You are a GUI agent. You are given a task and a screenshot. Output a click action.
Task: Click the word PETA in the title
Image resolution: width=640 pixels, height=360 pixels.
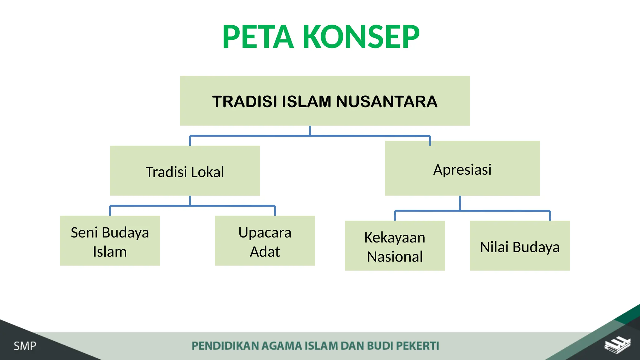(258, 37)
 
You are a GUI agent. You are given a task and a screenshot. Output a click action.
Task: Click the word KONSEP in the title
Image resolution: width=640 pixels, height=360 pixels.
(361, 37)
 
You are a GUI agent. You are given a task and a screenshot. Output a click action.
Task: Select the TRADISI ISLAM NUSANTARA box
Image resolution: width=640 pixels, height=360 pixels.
(325, 101)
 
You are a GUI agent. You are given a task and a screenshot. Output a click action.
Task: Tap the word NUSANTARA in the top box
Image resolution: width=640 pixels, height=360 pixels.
(387, 102)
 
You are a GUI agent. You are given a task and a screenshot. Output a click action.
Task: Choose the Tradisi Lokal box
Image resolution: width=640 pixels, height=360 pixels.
(185, 171)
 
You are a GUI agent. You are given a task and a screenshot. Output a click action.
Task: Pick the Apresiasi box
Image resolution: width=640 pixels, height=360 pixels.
(462, 168)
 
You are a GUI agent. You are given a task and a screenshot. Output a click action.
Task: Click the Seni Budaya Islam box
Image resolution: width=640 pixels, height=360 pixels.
(110, 241)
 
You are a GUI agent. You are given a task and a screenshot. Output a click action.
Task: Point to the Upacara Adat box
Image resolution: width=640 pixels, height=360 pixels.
(265, 241)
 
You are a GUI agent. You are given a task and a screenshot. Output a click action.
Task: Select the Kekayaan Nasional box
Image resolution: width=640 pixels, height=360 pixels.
(395, 246)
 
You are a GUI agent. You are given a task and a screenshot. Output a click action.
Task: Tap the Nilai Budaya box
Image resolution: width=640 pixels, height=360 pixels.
(520, 246)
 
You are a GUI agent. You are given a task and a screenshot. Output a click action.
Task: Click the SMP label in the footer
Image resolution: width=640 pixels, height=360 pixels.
(25, 346)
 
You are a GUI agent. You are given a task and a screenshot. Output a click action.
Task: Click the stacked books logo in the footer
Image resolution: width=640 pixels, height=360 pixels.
(617, 345)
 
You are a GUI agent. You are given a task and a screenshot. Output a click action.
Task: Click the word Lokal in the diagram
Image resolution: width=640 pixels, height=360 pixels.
(207, 172)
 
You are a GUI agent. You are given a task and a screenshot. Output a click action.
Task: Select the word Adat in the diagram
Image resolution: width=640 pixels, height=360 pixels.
(265, 252)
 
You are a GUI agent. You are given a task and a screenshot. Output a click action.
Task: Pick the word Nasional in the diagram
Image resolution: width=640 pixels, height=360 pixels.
(395, 257)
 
